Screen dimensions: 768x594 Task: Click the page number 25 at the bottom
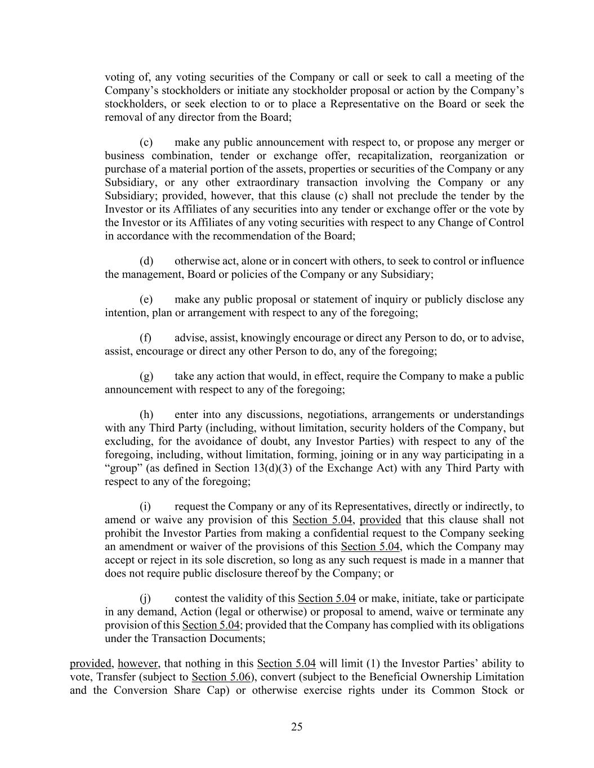click(x=297, y=726)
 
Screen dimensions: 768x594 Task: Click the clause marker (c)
click(x=146, y=142)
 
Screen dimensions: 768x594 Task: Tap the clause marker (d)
click(x=146, y=261)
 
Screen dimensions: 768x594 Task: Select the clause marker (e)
click(x=146, y=299)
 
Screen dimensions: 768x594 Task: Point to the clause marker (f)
click(x=146, y=338)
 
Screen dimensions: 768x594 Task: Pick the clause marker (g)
click(x=146, y=376)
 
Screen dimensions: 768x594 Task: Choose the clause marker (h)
click(x=146, y=415)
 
